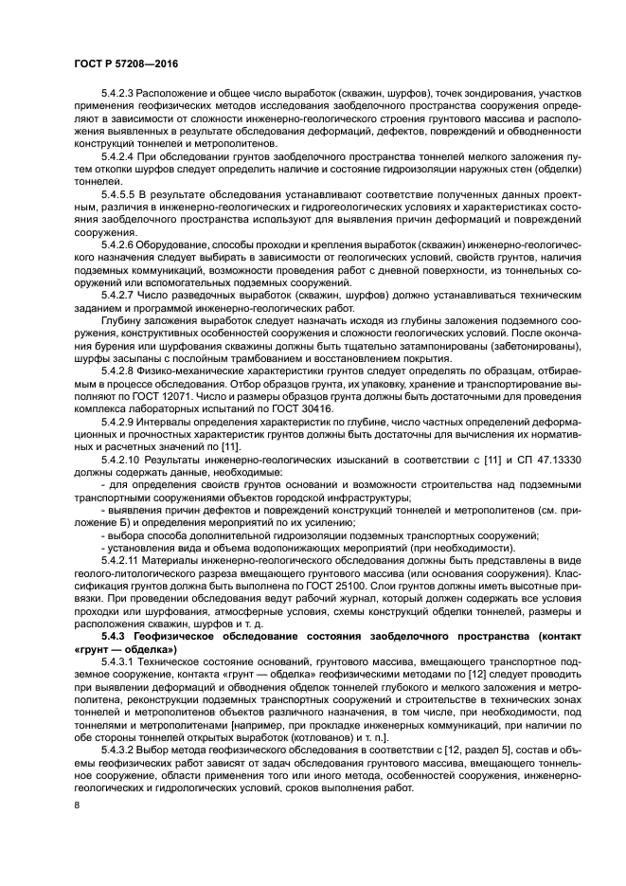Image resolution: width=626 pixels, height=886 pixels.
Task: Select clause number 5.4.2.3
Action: pyautogui.click(x=118, y=94)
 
